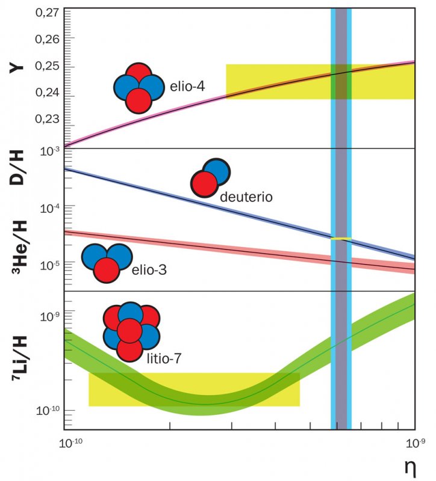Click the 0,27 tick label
pyautogui.click(x=45, y=13)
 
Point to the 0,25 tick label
pyautogui.click(x=45, y=66)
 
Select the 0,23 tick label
pyautogui.click(x=45, y=119)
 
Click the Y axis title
pyautogui.click(x=13, y=67)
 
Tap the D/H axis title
pyautogui.click(x=13, y=170)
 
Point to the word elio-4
pyautogui.click(x=187, y=87)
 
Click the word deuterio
pyautogui.click(x=247, y=197)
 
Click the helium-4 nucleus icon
pyautogui.click(x=139, y=88)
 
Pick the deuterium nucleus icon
pyautogui.click(x=210, y=178)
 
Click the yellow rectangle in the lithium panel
pyautogui.click(x=194, y=389)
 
